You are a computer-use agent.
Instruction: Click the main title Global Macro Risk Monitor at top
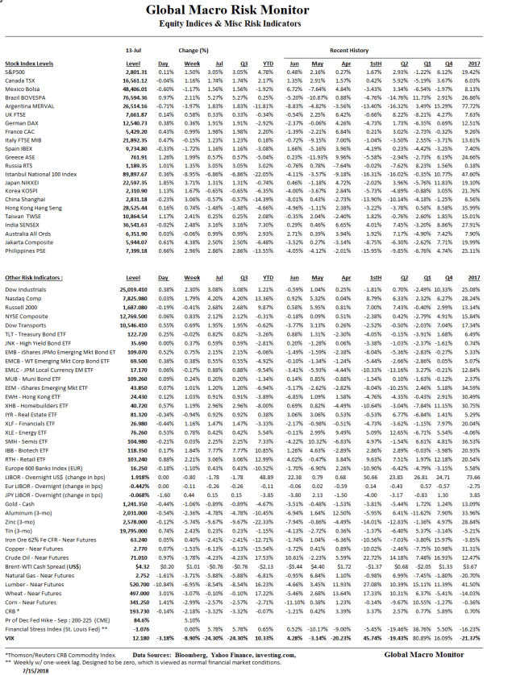click(x=257, y=10)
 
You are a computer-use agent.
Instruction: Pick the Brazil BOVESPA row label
click(x=27, y=96)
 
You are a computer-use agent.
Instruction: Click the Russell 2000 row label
click(x=21, y=307)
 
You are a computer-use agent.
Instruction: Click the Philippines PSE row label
click(x=24, y=250)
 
